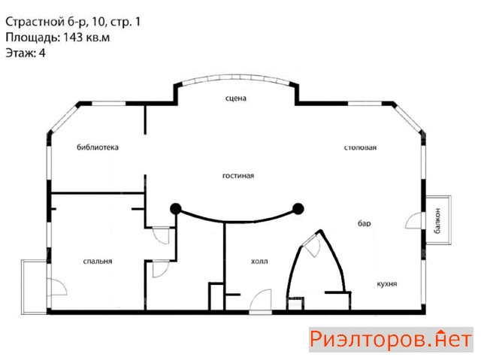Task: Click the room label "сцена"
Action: coord(235,98)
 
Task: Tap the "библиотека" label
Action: coord(98,147)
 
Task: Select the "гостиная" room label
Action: coord(238,176)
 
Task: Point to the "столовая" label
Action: coord(360,147)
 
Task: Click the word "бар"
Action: coord(364,223)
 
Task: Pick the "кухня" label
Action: coord(387,284)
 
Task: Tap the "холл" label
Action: coord(259,262)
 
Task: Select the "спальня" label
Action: coord(98,262)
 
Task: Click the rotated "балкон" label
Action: coord(437,220)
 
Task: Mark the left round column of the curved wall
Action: coord(175,209)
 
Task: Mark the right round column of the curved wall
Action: coord(298,209)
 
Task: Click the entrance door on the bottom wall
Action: coord(261,301)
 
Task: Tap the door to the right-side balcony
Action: coord(414,221)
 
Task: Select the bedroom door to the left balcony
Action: coord(57,287)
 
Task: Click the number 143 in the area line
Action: coord(73,37)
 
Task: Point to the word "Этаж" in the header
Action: coord(20,53)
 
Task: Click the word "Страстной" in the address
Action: coord(33,22)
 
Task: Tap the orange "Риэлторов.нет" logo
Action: coord(391,340)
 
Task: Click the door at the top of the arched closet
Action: coord(311,244)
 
